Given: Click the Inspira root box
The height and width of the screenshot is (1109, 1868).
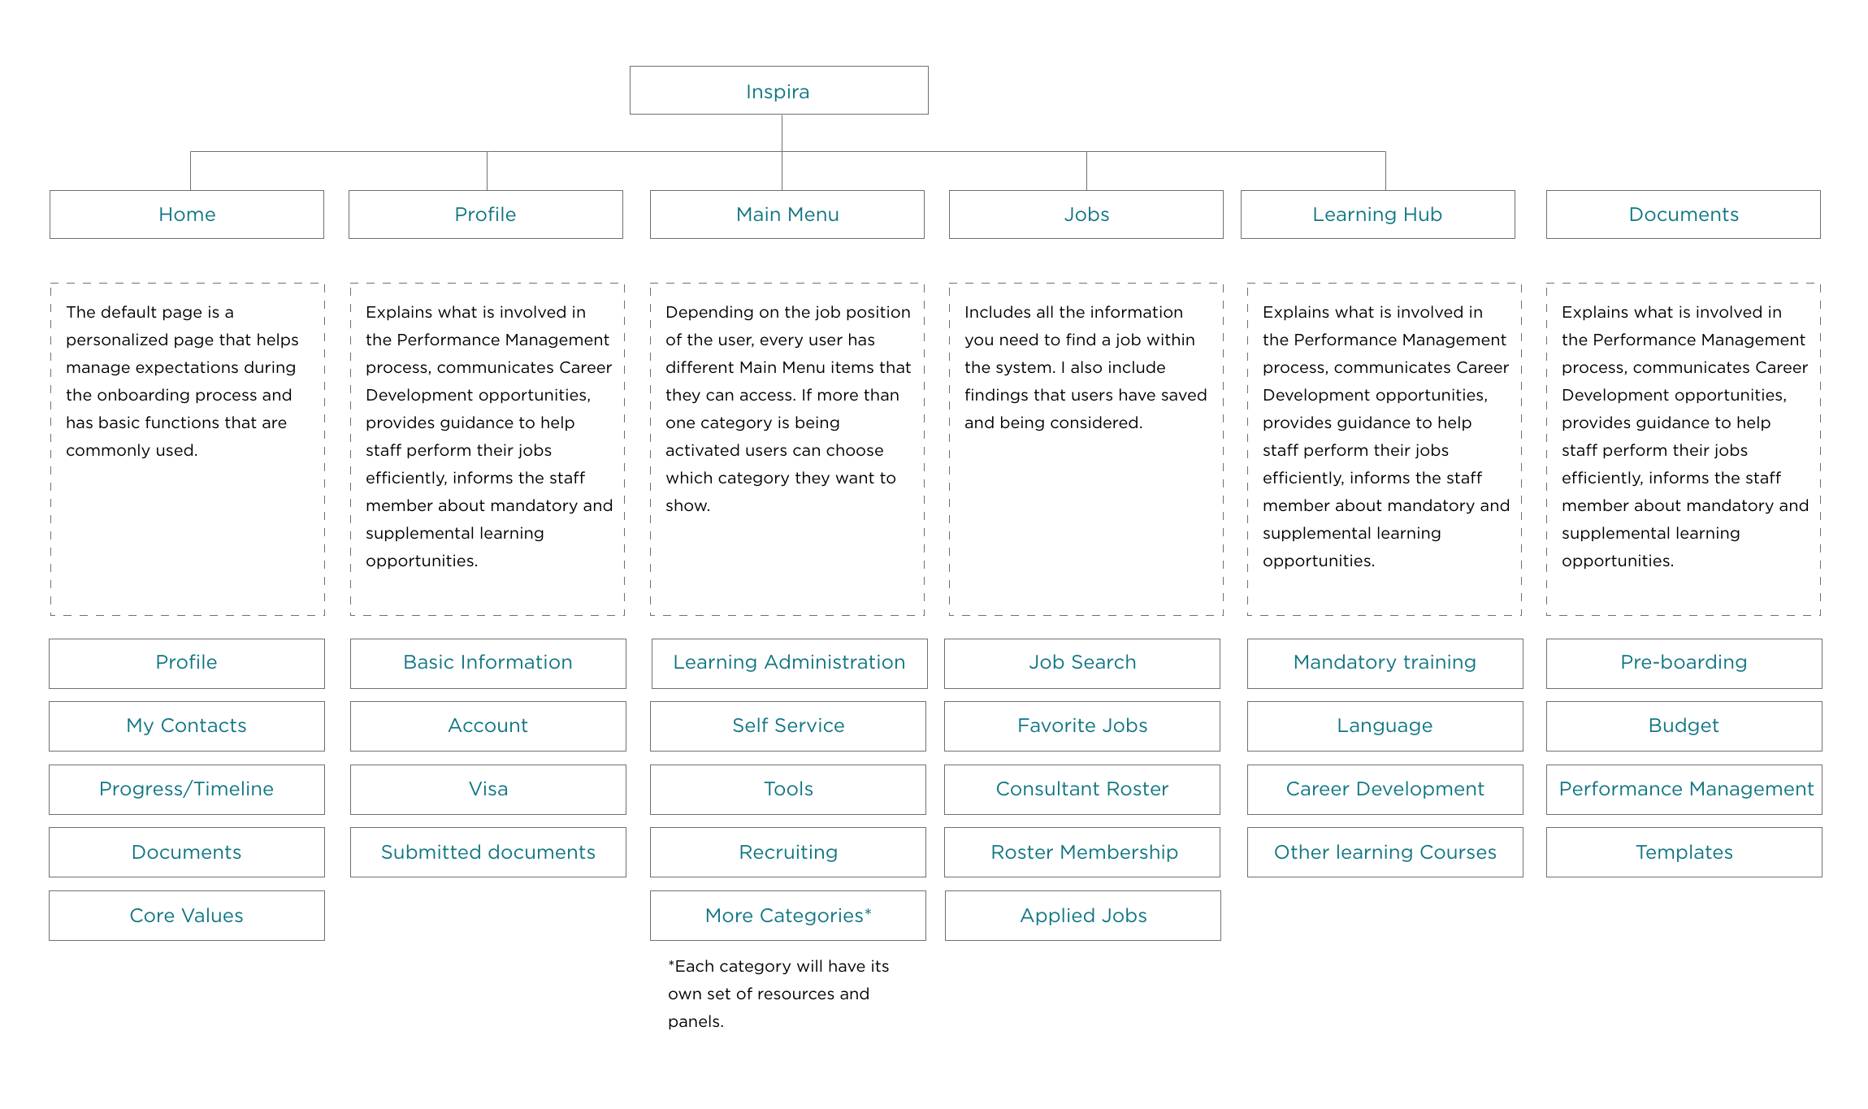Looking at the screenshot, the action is (778, 90).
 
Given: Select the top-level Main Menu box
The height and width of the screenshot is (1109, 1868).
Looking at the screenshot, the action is (787, 214).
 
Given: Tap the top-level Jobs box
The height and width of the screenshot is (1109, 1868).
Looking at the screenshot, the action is (1086, 214).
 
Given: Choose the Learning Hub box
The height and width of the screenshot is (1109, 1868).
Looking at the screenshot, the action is (1377, 214).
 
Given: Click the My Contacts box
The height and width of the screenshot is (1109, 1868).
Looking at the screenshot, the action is (187, 726).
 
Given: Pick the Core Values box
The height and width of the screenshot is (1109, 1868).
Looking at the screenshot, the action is (187, 916).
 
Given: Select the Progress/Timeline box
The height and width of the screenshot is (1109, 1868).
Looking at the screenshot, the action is (187, 789).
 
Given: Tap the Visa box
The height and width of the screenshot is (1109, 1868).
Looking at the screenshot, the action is (488, 789).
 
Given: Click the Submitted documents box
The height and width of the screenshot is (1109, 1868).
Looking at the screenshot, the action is (488, 852).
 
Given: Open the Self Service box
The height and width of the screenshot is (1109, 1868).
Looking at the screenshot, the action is (788, 726).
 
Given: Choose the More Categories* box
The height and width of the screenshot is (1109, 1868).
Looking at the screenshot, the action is (788, 916).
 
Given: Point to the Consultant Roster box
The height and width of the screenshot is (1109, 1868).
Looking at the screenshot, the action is (1082, 789).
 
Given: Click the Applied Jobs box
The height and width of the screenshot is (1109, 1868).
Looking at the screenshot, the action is (1083, 916).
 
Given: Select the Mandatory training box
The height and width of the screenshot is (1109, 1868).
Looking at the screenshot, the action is (1385, 663).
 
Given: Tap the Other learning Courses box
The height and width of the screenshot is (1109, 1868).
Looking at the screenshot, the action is (1385, 852).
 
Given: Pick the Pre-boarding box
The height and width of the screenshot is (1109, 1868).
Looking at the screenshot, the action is (1684, 663).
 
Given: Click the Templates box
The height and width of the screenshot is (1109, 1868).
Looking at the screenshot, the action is (1684, 852).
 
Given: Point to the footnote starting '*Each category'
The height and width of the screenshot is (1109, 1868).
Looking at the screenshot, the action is (778, 994).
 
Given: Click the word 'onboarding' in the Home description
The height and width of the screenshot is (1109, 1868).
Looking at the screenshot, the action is (178, 396).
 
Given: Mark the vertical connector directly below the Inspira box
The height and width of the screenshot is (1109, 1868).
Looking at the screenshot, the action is (782, 133).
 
